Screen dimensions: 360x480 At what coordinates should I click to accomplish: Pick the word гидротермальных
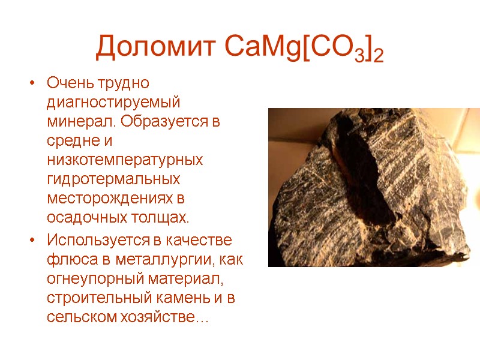(x=113, y=180)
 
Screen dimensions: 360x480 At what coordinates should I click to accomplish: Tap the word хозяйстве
(x=158, y=318)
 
